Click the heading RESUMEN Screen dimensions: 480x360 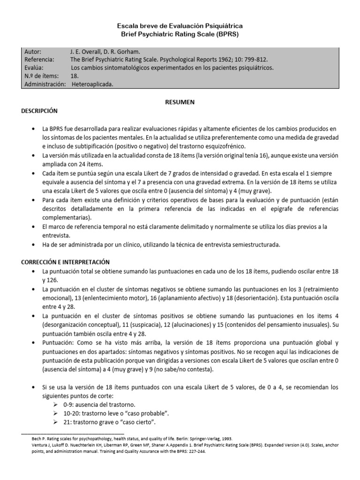point(180,102)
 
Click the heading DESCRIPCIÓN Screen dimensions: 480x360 point(39,111)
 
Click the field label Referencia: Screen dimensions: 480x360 point(38,60)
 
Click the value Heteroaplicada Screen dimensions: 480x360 point(93,85)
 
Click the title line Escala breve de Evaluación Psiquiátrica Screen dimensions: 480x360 point(180,26)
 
